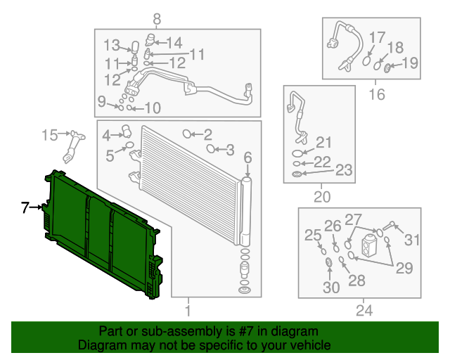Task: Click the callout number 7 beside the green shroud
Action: tap(25, 207)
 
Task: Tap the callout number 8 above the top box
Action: tap(156, 19)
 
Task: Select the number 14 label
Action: tap(173, 41)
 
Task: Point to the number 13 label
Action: tap(112, 46)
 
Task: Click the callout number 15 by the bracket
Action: tap(49, 134)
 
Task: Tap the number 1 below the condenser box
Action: tap(188, 310)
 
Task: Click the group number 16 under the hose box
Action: tap(377, 94)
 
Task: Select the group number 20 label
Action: tap(321, 198)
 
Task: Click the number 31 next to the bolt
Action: tap(411, 239)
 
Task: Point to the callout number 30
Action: tap(330, 287)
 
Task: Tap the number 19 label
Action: tap(409, 63)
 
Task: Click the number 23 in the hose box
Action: tap(342, 169)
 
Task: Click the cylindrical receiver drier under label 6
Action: tap(245, 207)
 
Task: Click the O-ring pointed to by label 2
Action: tap(188, 134)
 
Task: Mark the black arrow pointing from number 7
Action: tap(36, 207)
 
